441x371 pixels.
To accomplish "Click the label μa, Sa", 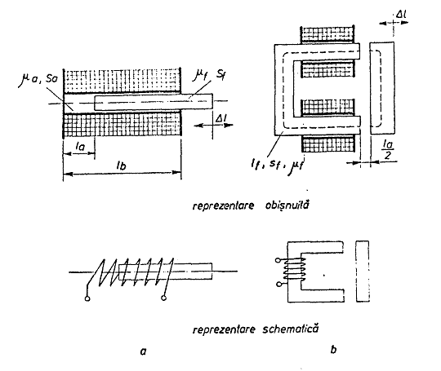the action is [x=38, y=79].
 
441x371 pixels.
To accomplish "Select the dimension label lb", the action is [x=121, y=166].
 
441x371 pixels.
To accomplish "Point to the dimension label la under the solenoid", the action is [x=80, y=146].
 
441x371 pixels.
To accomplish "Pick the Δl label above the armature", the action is [x=401, y=14].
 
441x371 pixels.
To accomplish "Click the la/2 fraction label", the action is [x=388, y=150].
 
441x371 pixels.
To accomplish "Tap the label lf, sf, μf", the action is [x=277, y=166].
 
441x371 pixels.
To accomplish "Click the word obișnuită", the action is [x=287, y=205].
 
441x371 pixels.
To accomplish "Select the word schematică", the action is [x=291, y=329].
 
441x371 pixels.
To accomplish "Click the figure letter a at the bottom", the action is [x=144, y=351].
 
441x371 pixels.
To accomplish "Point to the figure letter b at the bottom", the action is [x=333, y=350].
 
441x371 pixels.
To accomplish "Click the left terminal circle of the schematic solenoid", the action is [x=87, y=298].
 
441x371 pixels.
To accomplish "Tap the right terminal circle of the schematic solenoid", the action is [x=163, y=298].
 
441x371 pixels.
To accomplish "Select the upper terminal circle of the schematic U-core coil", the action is [x=278, y=260].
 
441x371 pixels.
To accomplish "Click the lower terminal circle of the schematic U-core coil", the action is [x=278, y=285].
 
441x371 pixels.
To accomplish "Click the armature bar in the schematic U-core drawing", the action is [x=363, y=271].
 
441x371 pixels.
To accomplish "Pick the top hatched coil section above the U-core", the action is [x=327, y=35].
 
